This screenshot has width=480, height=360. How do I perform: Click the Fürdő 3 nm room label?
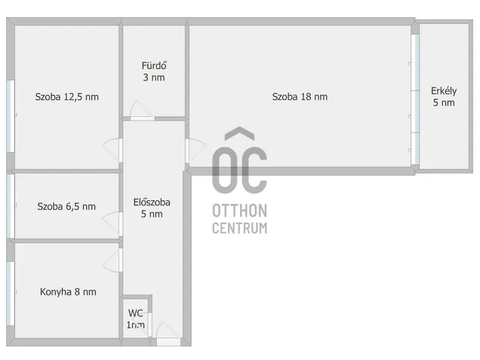pyautogui.click(x=154, y=71)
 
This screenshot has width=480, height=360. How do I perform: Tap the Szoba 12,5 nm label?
pyautogui.click(x=67, y=97)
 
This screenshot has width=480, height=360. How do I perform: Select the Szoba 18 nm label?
pyautogui.click(x=300, y=97)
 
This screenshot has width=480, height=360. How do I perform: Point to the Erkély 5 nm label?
pyautogui.click(x=443, y=97)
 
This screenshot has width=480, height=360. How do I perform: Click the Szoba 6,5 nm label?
pyautogui.click(x=67, y=206)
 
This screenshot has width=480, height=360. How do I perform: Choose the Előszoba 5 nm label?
pyautogui.click(x=151, y=208)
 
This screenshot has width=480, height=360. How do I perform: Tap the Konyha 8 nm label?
pyautogui.click(x=68, y=292)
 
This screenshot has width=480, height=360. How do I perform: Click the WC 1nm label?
pyautogui.click(x=136, y=319)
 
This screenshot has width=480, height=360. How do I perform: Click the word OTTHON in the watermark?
pyautogui.click(x=240, y=211)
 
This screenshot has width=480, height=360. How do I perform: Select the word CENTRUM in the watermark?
pyautogui.click(x=240, y=228)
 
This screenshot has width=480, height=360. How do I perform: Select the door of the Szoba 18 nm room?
pyautogui.click(x=195, y=151)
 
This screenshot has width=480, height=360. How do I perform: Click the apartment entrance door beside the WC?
pyautogui.click(x=168, y=334)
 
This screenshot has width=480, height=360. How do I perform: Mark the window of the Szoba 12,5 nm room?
pyautogui.click(x=10, y=116)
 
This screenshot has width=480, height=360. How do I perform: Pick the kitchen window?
pyautogui.click(x=10, y=293)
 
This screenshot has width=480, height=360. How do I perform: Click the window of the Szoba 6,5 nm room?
pyautogui.click(x=10, y=206)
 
